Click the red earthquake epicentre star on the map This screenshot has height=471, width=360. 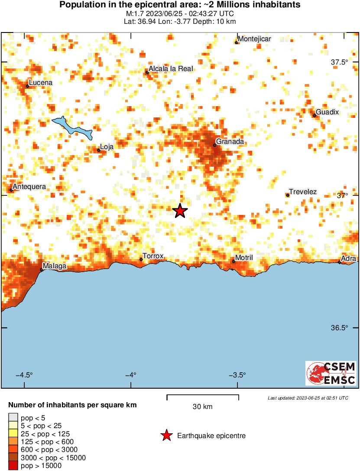[x=180, y=211]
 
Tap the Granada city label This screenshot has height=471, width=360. [x=230, y=142]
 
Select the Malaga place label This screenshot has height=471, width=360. [x=55, y=266]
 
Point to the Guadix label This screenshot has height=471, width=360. [x=327, y=112]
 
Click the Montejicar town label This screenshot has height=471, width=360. [x=255, y=39]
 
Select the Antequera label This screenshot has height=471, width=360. [x=29, y=187]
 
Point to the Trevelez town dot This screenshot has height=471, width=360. [x=288, y=195]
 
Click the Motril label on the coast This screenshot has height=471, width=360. [x=244, y=258]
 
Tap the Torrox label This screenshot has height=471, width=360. [x=153, y=256]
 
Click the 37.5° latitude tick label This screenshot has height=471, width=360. [x=339, y=62]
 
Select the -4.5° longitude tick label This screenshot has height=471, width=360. [x=24, y=375]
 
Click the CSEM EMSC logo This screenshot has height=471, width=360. [x=331, y=373]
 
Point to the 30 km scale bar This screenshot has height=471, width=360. [x=203, y=396]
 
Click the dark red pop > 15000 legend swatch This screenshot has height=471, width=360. [x=13, y=466]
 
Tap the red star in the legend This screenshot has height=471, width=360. [x=166, y=436]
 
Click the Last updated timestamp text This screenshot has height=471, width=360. [x=308, y=398]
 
